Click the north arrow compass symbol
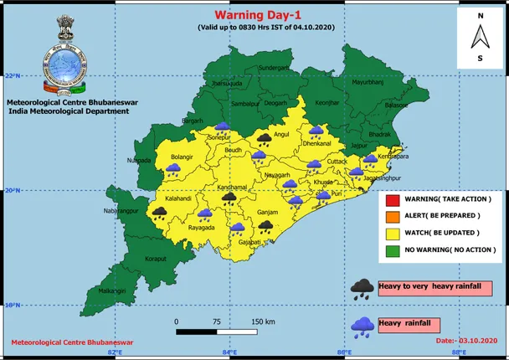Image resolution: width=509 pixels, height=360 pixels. [480, 37]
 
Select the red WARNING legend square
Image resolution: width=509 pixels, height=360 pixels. [392, 200]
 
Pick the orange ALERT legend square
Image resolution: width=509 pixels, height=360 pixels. [392, 216]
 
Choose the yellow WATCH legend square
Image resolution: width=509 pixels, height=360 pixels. [392, 232]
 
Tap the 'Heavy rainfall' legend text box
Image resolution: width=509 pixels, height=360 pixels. [408, 323]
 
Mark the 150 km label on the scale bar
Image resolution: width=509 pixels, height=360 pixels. [264, 321]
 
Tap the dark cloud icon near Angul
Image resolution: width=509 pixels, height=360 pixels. [265, 137]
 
